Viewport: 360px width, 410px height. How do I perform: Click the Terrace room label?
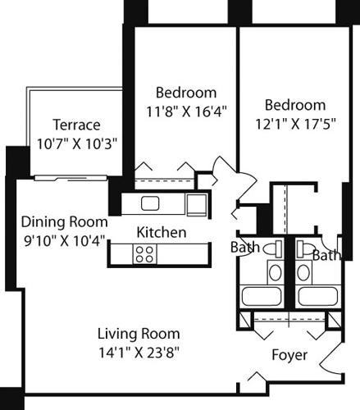click(x=76, y=125)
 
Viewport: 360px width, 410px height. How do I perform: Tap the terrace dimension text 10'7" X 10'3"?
click(x=76, y=142)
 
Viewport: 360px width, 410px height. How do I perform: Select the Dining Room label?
click(x=65, y=221)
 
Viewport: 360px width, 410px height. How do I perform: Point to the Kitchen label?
click(x=161, y=233)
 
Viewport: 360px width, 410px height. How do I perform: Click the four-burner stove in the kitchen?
click(x=144, y=254)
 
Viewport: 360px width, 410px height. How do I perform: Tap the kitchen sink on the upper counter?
click(x=149, y=203)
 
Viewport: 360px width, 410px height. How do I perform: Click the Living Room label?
click(x=139, y=335)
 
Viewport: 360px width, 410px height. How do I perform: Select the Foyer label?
click(x=289, y=355)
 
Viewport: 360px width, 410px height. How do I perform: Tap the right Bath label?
click(x=326, y=255)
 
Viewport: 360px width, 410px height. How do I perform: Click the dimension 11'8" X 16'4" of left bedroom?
click(x=186, y=108)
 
